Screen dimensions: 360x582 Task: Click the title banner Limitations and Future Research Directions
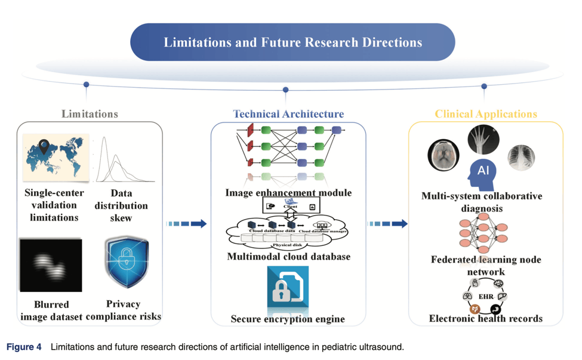[x=292, y=42]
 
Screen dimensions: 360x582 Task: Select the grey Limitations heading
[x=90, y=113]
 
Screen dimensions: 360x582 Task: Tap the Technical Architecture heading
[x=288, y=113]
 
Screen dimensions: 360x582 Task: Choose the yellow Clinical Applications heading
[x=486, y=113]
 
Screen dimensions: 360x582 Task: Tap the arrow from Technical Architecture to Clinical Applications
[x=388, y=224]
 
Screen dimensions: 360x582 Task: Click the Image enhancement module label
[x=288, y=193]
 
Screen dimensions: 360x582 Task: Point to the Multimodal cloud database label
[x=288, y=257]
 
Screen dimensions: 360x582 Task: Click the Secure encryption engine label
[x=288, y=319]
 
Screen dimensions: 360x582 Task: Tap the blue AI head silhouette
[x=482, y=174]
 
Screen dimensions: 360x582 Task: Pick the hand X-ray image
[x=484, y=141]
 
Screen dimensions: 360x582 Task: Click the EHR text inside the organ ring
[x=485, y=296]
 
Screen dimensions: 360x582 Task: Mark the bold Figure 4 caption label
[x=24, y=347]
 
